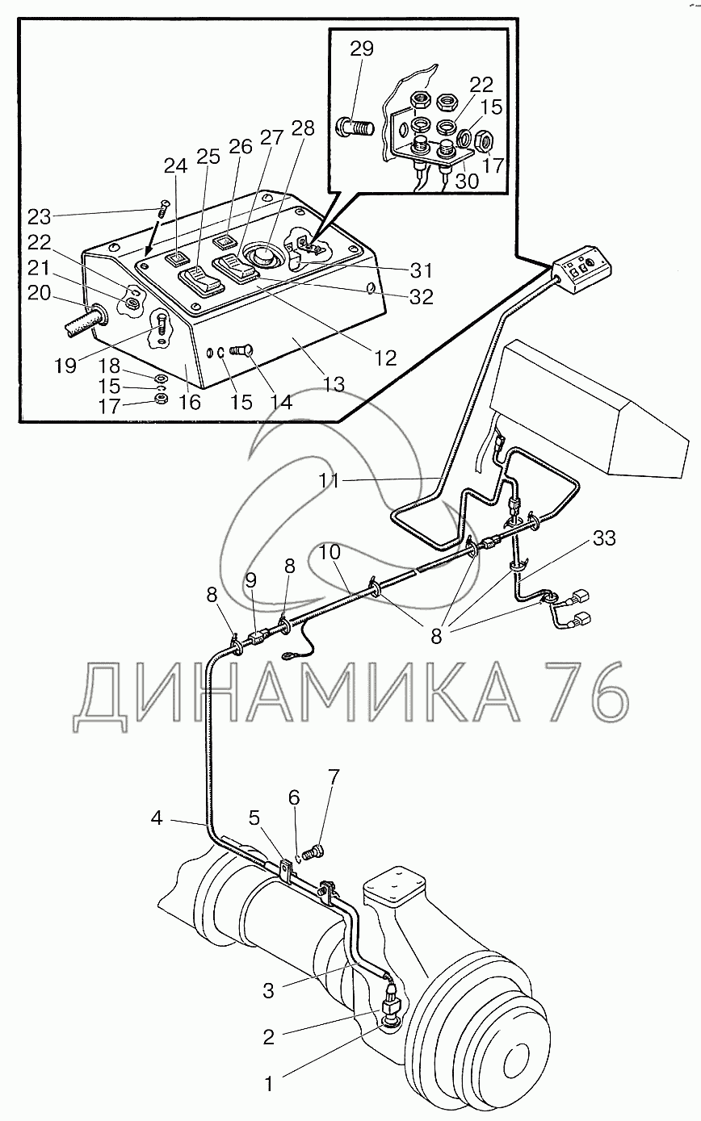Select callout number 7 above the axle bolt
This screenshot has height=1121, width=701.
333,777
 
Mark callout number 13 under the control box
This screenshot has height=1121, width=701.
334,385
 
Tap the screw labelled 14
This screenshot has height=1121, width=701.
241,351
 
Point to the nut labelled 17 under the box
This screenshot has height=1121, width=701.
160,403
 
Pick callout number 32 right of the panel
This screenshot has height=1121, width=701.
422,298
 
